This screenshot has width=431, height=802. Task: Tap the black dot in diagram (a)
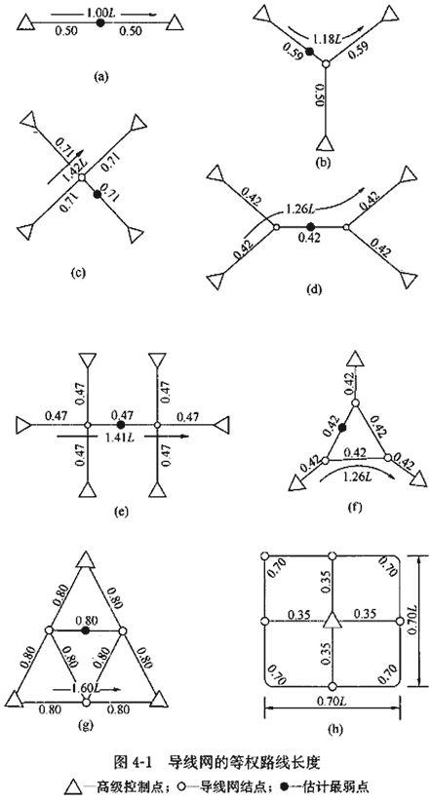100,23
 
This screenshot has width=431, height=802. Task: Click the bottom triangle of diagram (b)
326,142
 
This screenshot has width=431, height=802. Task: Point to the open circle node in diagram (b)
325,63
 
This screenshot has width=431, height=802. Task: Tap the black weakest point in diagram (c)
98,194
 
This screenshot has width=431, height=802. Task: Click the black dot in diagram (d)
310,226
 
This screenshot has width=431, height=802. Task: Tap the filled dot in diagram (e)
120,425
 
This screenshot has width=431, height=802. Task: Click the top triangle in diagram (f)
357,359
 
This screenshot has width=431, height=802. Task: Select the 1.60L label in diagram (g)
85,688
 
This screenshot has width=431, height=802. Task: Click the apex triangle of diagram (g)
86,559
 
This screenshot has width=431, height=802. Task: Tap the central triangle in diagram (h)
333,620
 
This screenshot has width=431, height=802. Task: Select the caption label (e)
121,511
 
